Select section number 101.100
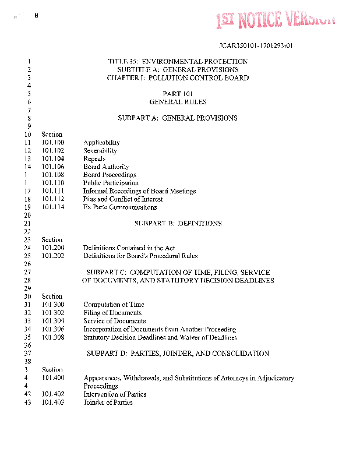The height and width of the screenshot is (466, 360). tap(53, 143)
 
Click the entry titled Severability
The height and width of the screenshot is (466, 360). tap(100, 151)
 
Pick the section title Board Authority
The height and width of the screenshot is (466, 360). tap(106, 167)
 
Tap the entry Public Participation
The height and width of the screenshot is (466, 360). tap(111, 183)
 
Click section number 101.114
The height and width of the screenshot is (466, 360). tap(53, 207)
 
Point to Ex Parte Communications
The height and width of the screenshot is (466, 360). tap(120, 207)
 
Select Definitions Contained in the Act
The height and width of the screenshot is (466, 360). tap(129, 248)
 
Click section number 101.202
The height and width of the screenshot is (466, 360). tap(53, 256)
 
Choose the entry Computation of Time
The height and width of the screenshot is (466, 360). tap(114, 305)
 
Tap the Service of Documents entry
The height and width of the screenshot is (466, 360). tap(114, 321)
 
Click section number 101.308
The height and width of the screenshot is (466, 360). tap(53, 337)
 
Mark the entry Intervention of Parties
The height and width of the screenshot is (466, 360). tap(115, 394)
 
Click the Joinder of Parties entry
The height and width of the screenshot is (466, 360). tap(108, 403)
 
